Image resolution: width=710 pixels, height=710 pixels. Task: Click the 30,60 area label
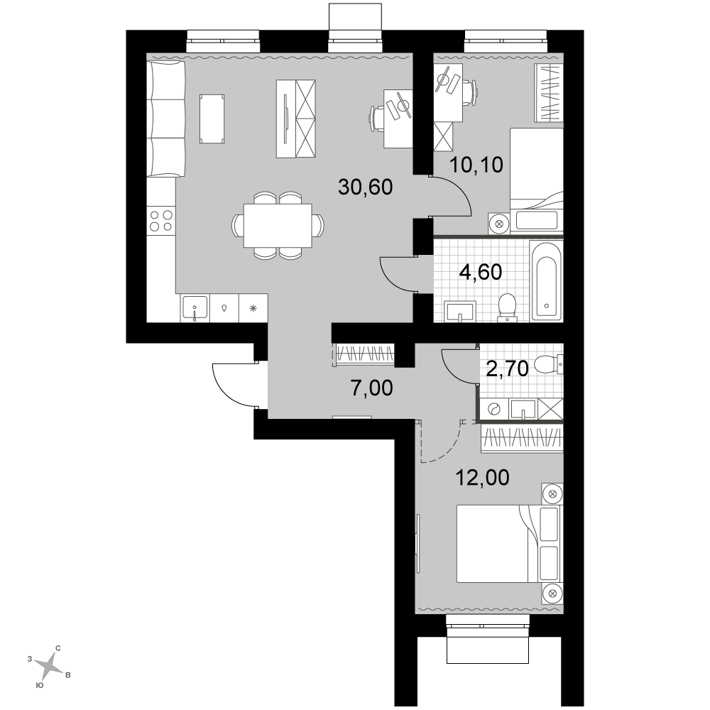tap(366, 187)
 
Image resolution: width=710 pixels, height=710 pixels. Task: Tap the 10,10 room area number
tap(476, 165)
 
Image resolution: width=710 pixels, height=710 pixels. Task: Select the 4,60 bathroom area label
tap(481, 272)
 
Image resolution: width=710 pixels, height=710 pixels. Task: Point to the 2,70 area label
tap(507, 369)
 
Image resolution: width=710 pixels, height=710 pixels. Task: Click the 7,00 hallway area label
tap(372, 388)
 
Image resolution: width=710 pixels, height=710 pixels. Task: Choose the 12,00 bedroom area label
tap(482, 478)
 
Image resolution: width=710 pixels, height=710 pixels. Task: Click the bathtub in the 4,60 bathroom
tap(547, 280)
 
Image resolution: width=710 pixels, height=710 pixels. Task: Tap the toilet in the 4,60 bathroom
tap(507, 308)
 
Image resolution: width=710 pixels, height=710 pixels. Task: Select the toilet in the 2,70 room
tap(549, 364)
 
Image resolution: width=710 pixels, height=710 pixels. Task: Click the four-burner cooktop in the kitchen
tap(161, 221)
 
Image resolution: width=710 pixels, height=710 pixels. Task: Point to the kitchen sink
tap(195, 308)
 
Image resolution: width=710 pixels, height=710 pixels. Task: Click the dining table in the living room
tap(278, 226)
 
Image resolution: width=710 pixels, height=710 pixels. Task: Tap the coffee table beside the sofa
tap(212, 119)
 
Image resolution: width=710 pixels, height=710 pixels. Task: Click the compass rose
tap(49, 666)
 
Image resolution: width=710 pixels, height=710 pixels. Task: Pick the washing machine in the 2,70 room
tap(493, 409)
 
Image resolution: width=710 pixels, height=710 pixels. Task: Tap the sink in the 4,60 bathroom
tap(460, 312)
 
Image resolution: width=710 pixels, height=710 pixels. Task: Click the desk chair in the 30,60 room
tap(377, 118)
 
